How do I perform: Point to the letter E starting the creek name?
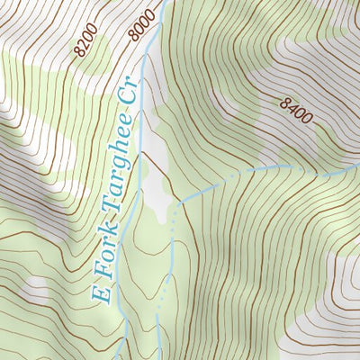pyautogui.click(x=101, y=292)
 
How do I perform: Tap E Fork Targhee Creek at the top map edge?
pyautogui.click(x=163, y=4)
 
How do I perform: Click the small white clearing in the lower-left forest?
pyautogui.click(x=36, y=288)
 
